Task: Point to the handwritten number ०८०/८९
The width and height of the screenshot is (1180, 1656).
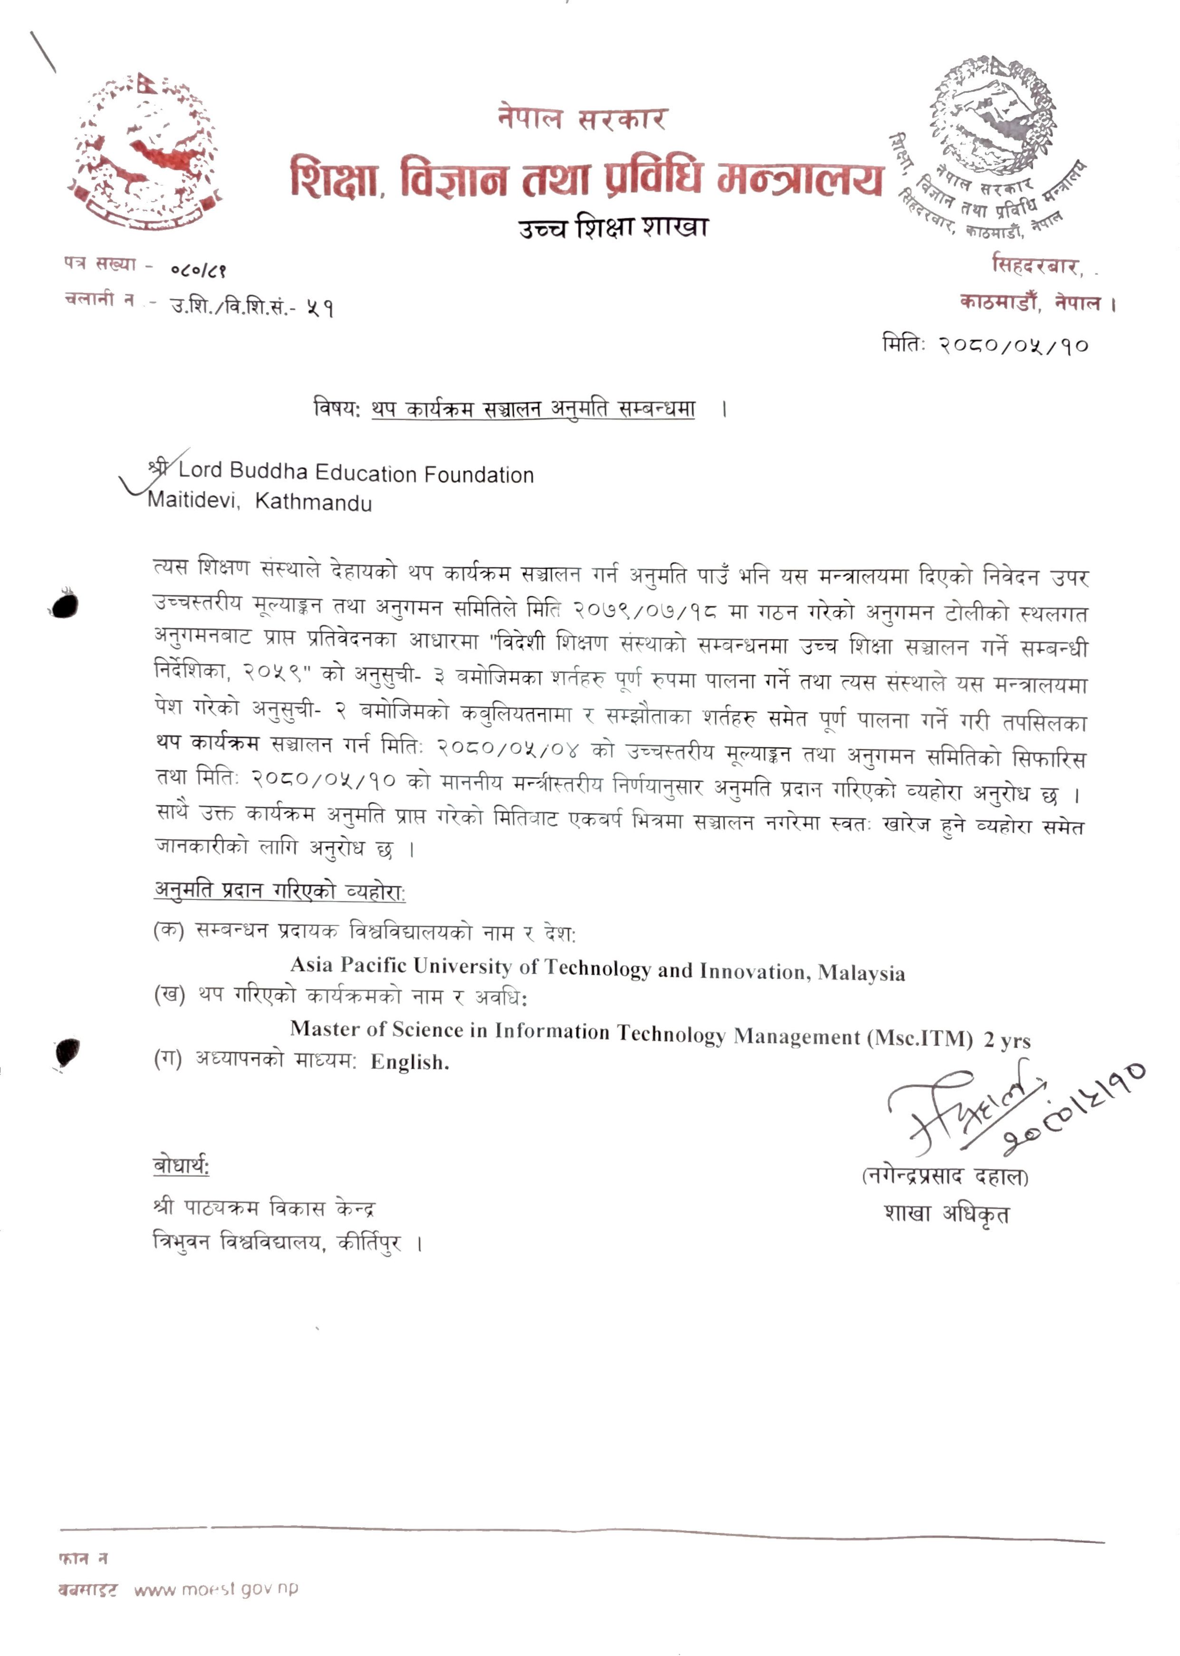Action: click(x=198, y=271)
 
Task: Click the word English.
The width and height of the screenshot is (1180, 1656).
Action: click(x=410, y=1062)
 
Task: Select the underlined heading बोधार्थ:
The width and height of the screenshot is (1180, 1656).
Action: click(x=181, y=1166)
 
